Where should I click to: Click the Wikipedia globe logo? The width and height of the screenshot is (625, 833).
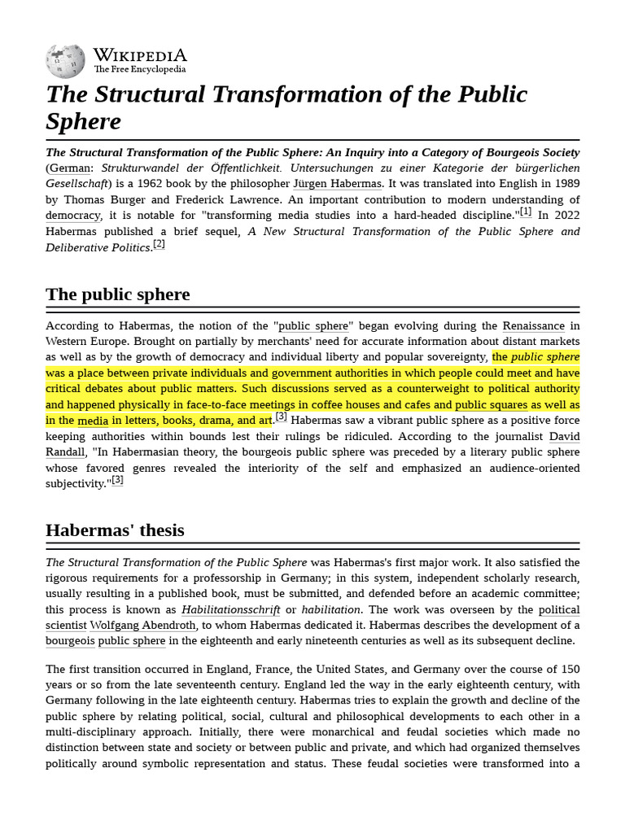pos(66,61)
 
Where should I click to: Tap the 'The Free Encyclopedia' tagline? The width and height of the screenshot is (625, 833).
pos(139,70)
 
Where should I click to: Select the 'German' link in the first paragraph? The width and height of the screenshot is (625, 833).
pos(69,168)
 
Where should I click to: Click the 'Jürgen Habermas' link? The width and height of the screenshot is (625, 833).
pos(337,184)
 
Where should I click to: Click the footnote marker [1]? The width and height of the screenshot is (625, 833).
pos(526,212)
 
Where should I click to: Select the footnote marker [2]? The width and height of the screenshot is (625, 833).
pos(159,244)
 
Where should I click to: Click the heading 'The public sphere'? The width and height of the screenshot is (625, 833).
pos(118,294)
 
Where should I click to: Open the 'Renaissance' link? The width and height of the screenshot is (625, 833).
pos(533,326)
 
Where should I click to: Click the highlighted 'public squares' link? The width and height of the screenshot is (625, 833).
pos(492,405)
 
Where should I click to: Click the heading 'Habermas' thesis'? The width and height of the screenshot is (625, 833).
pos(115,530)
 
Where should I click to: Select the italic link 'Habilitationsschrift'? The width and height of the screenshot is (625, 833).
pos(230,610)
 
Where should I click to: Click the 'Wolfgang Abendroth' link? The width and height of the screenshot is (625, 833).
pos(142,626)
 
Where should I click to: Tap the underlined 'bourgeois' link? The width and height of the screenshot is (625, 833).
pos(70,641)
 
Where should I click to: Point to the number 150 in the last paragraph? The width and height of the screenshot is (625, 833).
pos(570,669)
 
